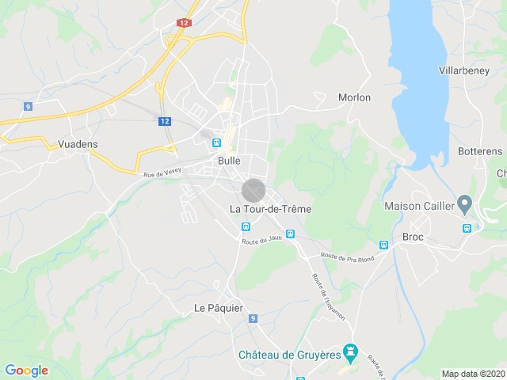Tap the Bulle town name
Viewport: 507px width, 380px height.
[229, 160]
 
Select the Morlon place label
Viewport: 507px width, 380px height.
[354, 97]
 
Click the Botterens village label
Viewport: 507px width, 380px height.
[480, 151]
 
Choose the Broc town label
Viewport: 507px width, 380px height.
[414, 237]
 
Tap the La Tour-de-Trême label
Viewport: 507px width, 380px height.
[270, 209]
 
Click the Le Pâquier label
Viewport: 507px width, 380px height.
[219, 307]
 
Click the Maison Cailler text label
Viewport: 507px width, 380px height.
[419, 207]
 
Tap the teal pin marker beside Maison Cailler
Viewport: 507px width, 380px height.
[464, 205]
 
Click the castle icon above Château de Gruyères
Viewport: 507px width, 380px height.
[349, 350]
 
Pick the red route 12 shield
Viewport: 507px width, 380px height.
[185, 24]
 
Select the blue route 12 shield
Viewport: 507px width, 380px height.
[164, 121]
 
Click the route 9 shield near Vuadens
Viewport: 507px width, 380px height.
[28, 106]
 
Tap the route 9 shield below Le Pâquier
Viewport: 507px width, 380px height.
[253, 318]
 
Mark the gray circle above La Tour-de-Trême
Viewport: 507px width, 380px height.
[253, 191]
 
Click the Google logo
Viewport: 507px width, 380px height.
[26, 370]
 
